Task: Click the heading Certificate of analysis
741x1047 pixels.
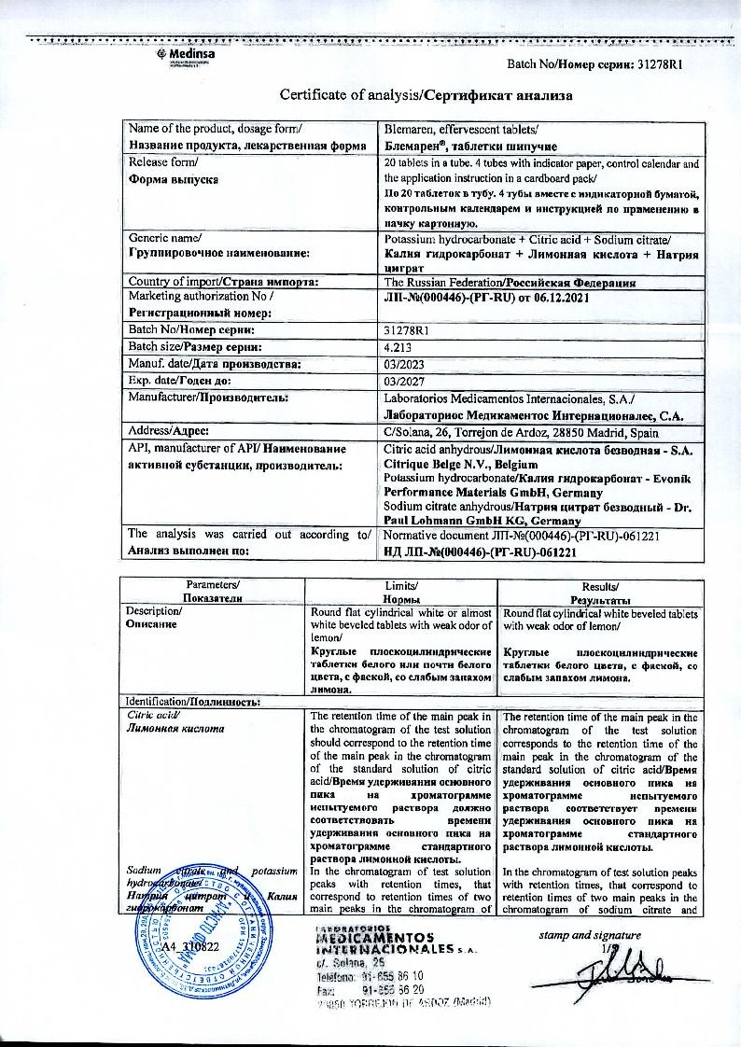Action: coord(426,94)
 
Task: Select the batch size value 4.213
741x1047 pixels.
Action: coord(398,346)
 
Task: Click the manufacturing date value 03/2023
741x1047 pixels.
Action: coord(401,363)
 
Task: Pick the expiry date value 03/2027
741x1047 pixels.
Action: coord(401,381)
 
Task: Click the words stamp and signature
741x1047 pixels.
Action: coord(591,934)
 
